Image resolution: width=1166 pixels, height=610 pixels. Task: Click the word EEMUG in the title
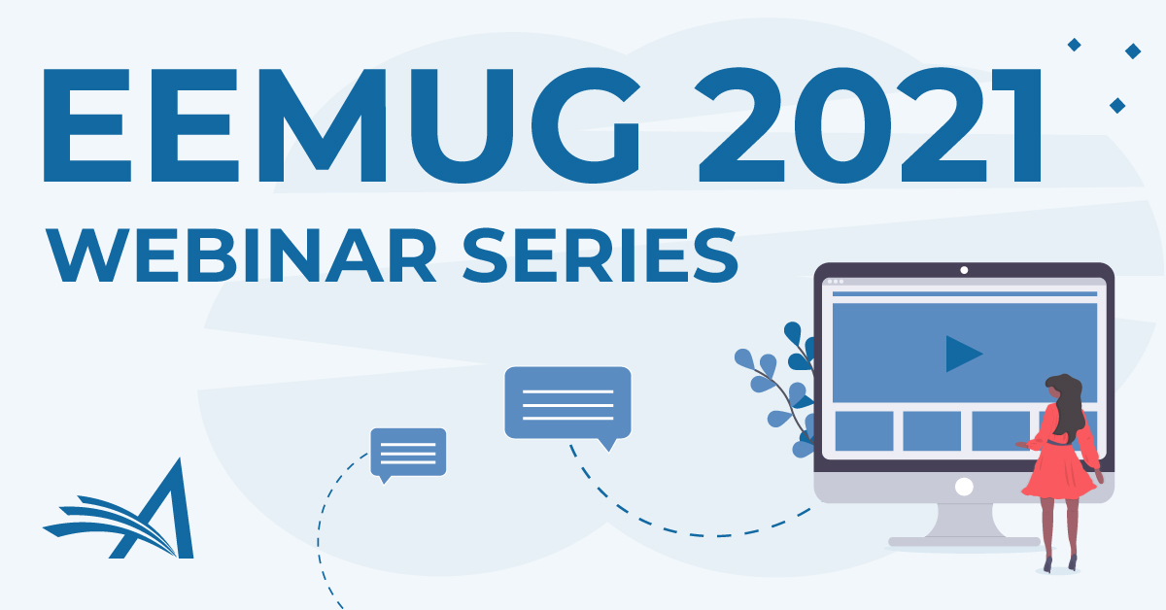tap(341, 125)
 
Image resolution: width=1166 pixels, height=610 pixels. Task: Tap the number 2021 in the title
tap(869, 125)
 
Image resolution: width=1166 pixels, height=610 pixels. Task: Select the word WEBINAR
tap(242, 255)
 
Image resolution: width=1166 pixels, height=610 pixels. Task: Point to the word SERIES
tap(600, 255)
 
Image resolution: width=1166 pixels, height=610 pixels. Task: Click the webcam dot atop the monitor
tap(964, 270)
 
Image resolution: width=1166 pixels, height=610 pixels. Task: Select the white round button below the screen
tap(964, 488)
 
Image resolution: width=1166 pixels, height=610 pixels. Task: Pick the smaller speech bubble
tap(408, 455)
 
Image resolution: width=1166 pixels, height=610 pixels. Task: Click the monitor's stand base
tap(964, 542)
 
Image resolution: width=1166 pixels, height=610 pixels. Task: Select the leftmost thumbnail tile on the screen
tap(864, 431)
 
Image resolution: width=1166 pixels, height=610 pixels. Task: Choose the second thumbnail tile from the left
tap(932, 431)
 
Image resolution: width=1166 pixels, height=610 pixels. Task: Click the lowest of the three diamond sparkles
tap(1117, 106)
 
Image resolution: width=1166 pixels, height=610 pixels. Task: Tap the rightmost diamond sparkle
tap(1133, 51)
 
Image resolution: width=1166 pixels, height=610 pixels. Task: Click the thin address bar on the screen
tap(965, 294)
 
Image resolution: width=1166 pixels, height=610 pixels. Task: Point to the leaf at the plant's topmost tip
tap(793, 333)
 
